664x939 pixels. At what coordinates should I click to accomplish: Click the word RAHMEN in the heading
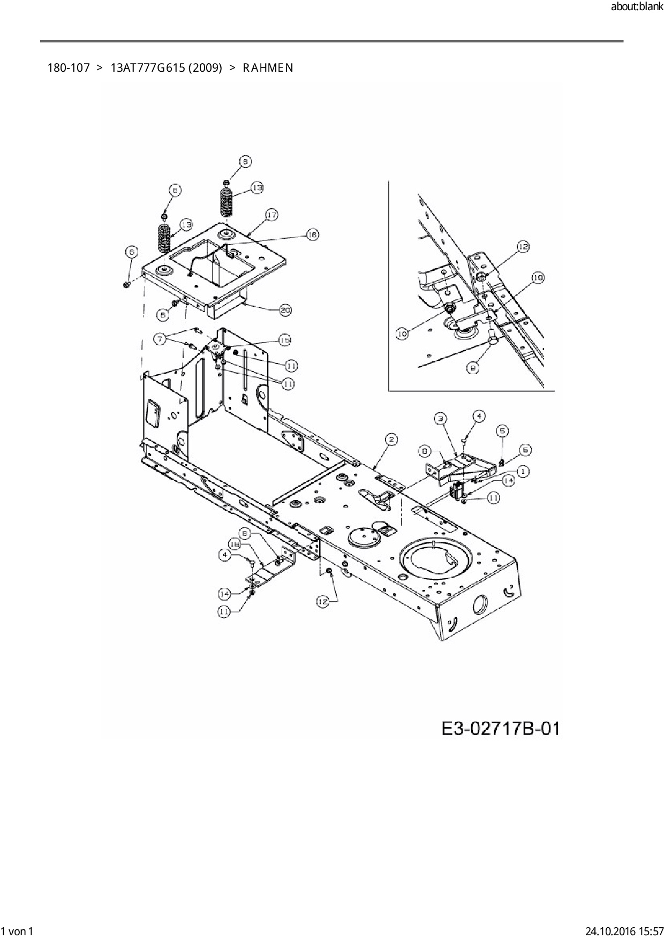coord(268,68)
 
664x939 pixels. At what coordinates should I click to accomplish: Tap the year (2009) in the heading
coord(205,68)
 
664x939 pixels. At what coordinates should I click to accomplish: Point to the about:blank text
coord(637,7)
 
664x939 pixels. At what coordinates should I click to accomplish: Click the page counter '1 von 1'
coord(18,931)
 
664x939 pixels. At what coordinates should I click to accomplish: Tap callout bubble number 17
coord(271,215)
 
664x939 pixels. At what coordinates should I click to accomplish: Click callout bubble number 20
coord(285,309)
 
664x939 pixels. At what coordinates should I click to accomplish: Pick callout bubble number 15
coord(284,340)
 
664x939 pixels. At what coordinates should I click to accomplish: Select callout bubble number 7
coord(160,338)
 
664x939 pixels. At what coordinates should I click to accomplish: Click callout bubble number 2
coord(391,440)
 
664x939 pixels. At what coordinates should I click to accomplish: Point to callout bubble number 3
coord(440,419)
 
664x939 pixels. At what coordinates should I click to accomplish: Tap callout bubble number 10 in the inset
coord(402,334)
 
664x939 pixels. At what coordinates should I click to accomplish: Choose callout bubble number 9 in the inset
coord(472,368)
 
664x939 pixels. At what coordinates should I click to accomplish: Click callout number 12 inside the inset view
coord(523,247)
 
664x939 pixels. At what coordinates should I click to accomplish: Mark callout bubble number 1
coord(523,471)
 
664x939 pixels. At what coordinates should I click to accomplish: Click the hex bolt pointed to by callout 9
coord(493,338)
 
